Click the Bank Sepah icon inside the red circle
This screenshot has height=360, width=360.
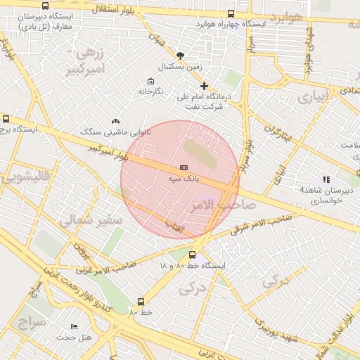coord(184,167)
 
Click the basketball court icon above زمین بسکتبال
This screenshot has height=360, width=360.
coord(181,55)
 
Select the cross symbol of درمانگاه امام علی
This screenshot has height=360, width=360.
coord(204,86)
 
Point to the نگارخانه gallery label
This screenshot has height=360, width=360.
coord(150,91)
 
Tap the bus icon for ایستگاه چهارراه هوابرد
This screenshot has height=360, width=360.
coord(231,13)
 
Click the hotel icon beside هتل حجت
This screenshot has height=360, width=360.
coord(73,328)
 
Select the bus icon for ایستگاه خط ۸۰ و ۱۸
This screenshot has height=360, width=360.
coord(193,255)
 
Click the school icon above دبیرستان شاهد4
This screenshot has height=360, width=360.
coord(326,179)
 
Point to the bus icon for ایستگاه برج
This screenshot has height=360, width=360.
coord(6,120)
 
